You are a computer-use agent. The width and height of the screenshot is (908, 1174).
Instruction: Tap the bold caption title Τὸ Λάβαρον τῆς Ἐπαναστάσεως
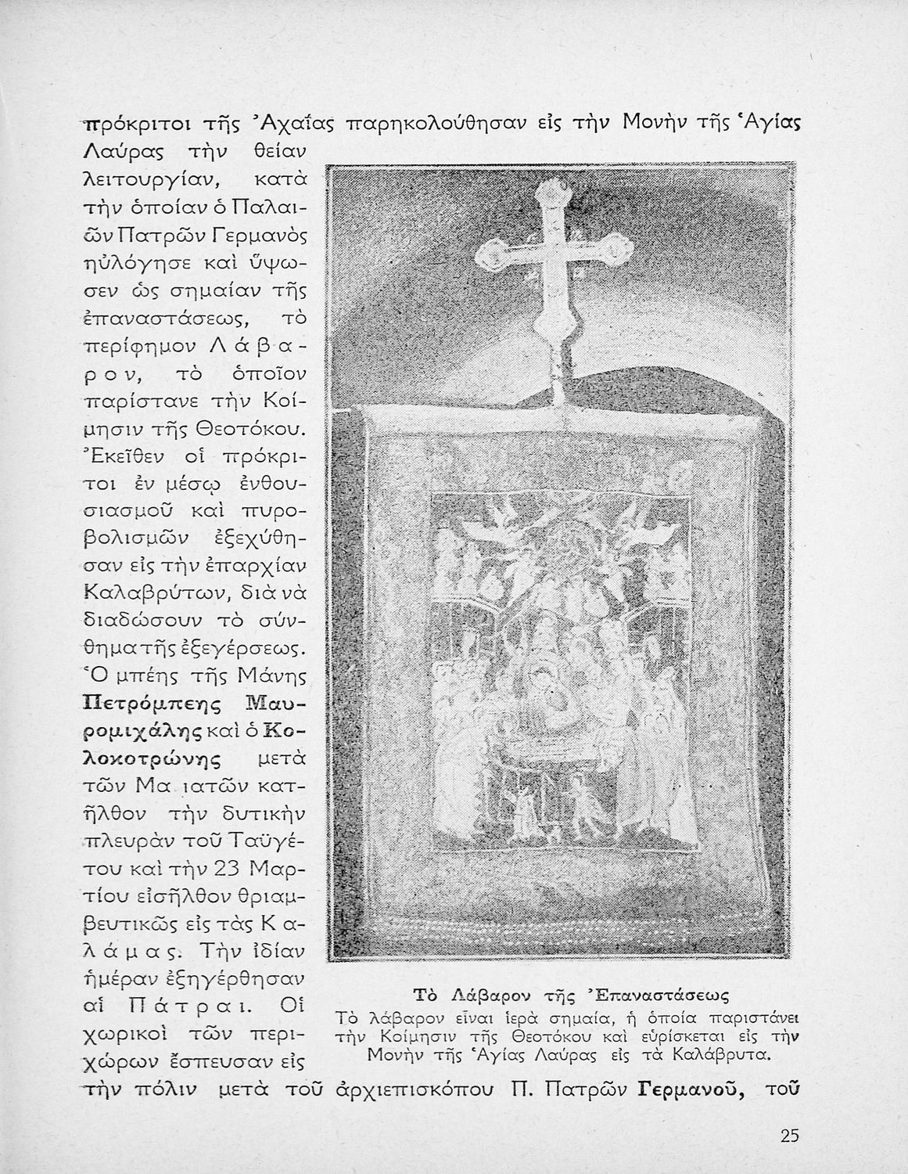[570, 996]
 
